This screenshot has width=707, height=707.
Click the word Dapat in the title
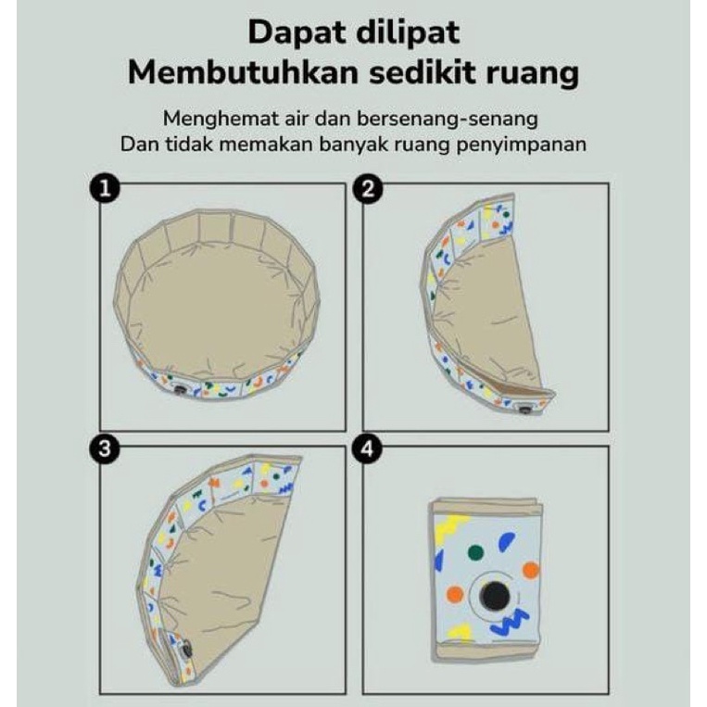[x=296, y=33]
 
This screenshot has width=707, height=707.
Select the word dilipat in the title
[x=407, y=33]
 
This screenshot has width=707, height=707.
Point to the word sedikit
[x=423, y=72]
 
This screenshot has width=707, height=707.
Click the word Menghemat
[x=221, y=119]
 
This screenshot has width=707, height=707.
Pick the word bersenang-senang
[x=448, y=119]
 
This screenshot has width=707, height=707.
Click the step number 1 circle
[x=105, y=188]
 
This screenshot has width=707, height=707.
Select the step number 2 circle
[x=368, y=188]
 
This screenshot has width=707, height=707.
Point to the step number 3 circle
[x=105, y=448]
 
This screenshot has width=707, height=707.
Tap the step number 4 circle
[x=368, y=448]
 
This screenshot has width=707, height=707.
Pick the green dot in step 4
[x=474, y=552]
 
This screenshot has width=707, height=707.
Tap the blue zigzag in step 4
[x=509, y=622]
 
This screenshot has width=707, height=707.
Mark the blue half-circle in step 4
[x=506, y=541]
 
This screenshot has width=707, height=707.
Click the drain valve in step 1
[x=180, y=390]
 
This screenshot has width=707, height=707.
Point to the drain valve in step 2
[x=524, y=410]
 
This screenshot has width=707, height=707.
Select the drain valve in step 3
[x=185, y=650]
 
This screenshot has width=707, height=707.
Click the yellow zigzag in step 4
[x=451, y=526]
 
